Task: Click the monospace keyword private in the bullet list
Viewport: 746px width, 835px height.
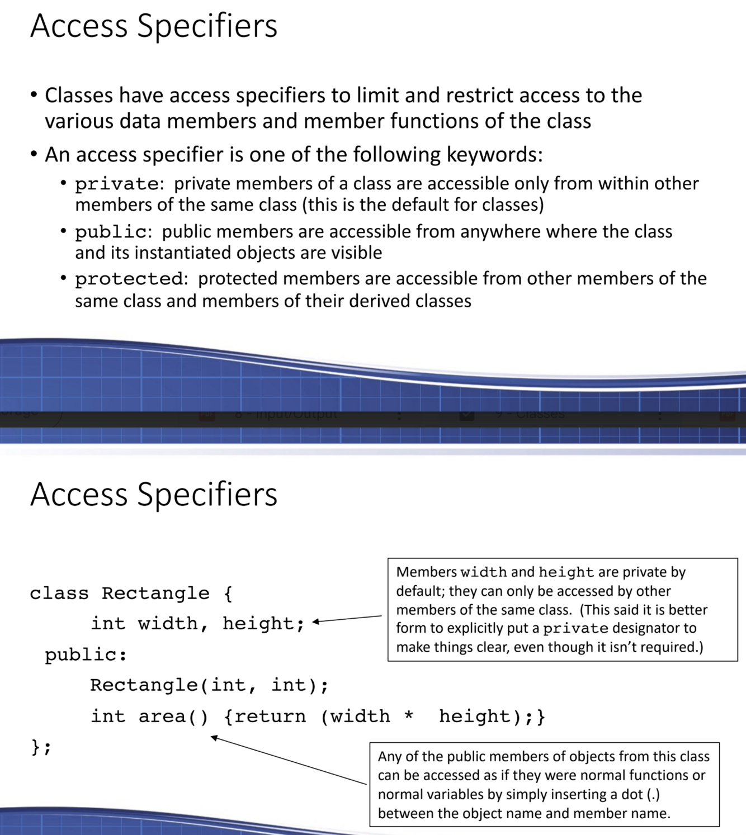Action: (117, 184)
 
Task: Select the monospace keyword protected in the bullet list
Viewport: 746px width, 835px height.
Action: (129, 278)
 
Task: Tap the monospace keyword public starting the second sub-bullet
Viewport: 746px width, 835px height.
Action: (111, 231)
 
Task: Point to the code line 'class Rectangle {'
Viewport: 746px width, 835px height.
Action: (131, 593)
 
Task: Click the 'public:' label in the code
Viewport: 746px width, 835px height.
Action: (86, 654)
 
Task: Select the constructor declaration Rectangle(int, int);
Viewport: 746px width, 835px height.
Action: (209, 685)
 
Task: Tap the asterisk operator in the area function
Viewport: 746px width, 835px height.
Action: (409, 715)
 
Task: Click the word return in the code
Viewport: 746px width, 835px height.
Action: (270, 717)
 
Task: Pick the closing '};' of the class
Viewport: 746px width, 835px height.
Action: (41, 747)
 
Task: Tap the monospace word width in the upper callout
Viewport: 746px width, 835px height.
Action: (483, 572)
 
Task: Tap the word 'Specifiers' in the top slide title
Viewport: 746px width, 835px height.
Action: (207, 26)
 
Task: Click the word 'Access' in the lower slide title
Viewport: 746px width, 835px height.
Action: (79, 495)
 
